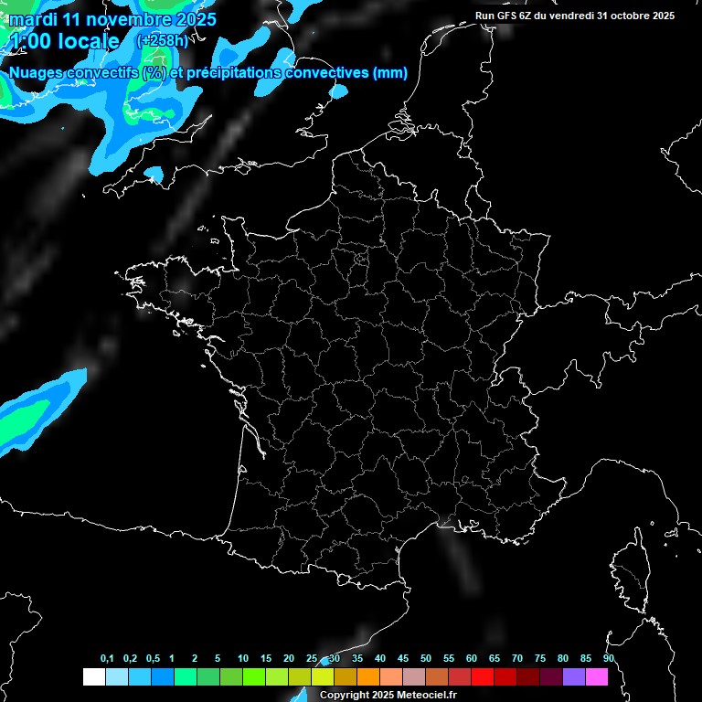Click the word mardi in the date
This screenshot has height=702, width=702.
point(32,19)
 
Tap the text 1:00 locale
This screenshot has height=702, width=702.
point(65,41)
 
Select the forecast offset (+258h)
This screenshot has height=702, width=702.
point(162,41)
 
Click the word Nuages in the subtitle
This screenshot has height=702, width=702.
point(37,73)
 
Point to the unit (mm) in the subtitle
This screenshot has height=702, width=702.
point(389,73)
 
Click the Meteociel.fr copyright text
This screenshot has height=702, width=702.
point(388,695)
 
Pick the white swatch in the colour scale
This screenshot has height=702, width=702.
point(93,676)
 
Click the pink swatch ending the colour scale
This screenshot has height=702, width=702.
point(597,676)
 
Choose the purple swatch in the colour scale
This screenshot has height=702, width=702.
point(574,676)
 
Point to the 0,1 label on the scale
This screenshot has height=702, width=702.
point(107,659)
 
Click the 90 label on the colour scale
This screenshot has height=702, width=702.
point(609,659)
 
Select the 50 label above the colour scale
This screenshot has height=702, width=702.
point(426,659)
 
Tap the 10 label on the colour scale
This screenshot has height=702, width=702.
point(243,659)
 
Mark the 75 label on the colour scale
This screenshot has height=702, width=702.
point(540,659)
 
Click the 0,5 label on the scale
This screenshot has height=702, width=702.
point(153,659)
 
